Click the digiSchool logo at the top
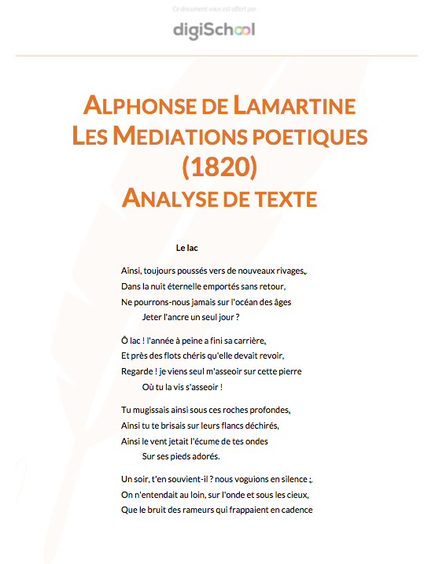214,30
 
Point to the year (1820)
219,167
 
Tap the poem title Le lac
186,249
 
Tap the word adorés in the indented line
204,456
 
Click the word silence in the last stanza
290,479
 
